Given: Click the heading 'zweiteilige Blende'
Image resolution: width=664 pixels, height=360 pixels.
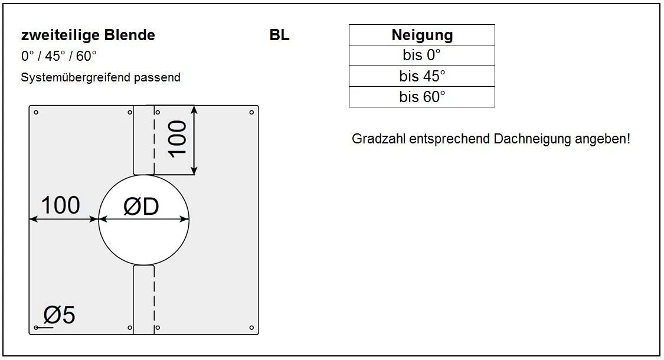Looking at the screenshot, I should point(88,35).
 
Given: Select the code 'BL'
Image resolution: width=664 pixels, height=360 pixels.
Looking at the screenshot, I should point(280,35).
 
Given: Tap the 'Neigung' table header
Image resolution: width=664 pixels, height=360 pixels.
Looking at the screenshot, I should point(422,35).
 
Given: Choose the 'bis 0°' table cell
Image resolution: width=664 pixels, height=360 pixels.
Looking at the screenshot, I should point(422,55).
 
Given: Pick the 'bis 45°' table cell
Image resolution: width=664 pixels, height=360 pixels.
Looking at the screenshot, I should point(422,76).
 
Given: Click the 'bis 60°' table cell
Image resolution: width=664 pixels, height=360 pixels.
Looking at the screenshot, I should point(422,97).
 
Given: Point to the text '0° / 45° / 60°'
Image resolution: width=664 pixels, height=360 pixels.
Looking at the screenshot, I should point(59,57).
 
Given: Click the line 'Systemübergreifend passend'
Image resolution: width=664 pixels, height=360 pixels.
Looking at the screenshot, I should point(100,77).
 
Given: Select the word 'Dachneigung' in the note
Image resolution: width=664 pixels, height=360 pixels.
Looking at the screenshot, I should point(533,140).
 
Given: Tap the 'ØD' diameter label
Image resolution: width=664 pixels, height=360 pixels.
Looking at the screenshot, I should point(141,207).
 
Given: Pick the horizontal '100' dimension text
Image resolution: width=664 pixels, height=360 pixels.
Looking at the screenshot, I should point(60,206).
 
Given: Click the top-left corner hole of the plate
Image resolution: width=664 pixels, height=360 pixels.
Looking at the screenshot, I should point(36,113).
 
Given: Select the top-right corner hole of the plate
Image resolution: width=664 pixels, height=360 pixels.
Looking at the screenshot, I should point(252,113).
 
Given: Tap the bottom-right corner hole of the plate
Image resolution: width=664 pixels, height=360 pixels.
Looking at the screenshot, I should point(252,328).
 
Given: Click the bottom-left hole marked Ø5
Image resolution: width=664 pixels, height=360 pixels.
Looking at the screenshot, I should point(37,328).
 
